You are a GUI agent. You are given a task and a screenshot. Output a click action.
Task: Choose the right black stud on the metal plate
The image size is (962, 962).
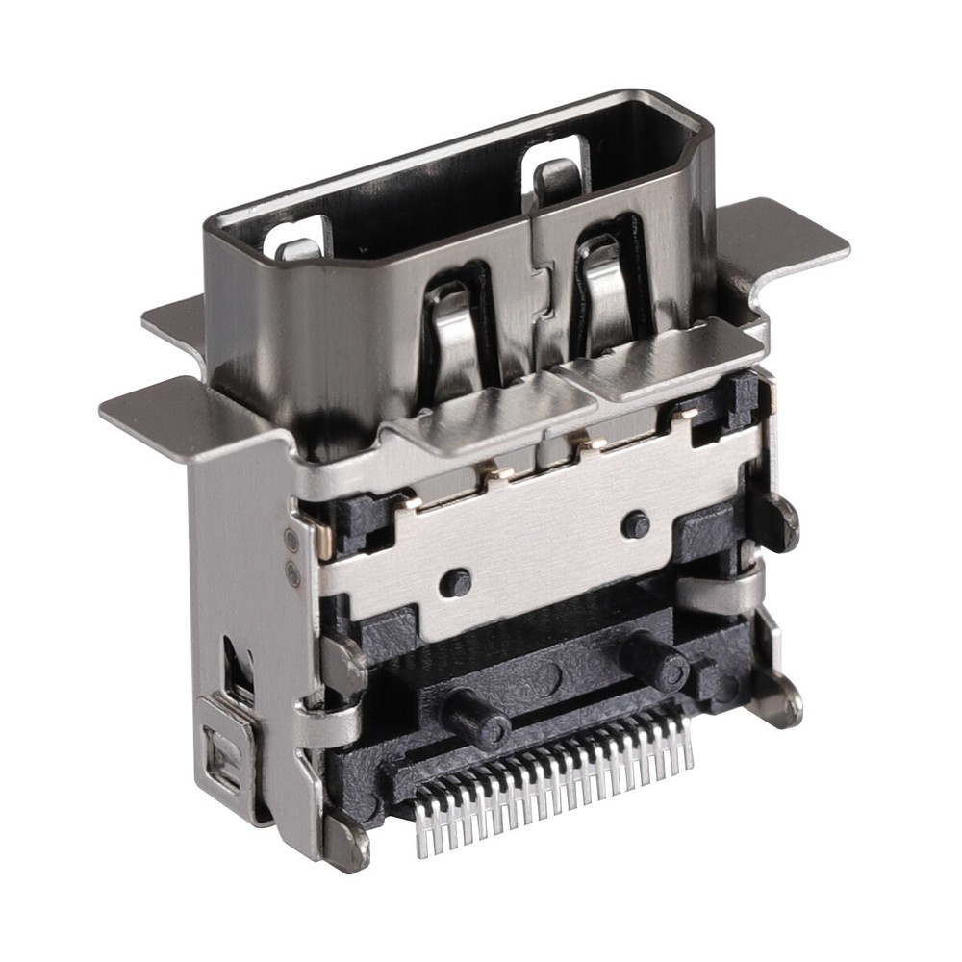[634, 525]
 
